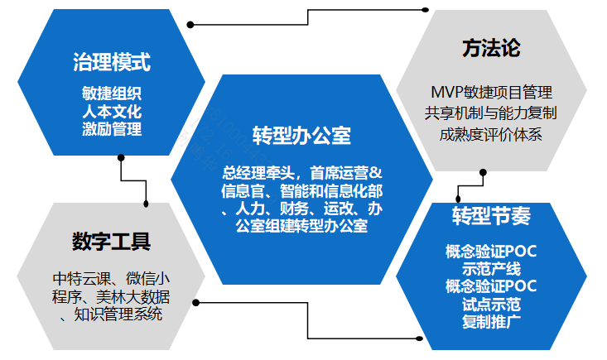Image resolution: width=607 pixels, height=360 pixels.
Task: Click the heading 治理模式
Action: pos(112,62)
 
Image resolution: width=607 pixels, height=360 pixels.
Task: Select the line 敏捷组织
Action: pos(112,94)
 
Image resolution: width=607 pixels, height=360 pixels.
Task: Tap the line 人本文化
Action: pos(112,112)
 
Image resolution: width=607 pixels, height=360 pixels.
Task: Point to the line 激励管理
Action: pos(112,129)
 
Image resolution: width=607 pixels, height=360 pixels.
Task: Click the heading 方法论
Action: pos(491,48)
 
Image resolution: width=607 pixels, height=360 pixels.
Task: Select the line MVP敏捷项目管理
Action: pos(492,93)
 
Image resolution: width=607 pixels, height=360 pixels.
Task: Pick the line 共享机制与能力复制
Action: pos(491,113)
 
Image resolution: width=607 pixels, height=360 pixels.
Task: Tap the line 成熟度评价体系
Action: pos(491,134)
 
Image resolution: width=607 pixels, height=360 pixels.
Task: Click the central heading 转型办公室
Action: pos(302,136)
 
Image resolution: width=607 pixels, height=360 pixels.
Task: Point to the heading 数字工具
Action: pos(112,242)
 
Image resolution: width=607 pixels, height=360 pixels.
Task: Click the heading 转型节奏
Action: pos(491,216)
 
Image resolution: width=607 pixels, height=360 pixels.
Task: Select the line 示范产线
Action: pos(491,269)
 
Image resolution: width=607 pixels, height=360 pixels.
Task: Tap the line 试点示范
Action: pos(491,305)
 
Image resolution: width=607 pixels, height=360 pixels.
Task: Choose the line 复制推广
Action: pos(491,322)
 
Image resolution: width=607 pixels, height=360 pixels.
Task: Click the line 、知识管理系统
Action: pos(112,314)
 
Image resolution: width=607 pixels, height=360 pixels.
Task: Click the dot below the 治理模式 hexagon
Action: pos(121,158)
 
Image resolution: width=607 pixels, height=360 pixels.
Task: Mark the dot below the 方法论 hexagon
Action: pos(483,172)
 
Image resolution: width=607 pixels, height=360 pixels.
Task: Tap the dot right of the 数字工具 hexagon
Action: pos(196,302)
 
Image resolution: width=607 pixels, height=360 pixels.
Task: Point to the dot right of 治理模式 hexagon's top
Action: pos(190,25)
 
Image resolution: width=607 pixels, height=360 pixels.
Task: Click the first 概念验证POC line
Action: pos(491,252)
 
